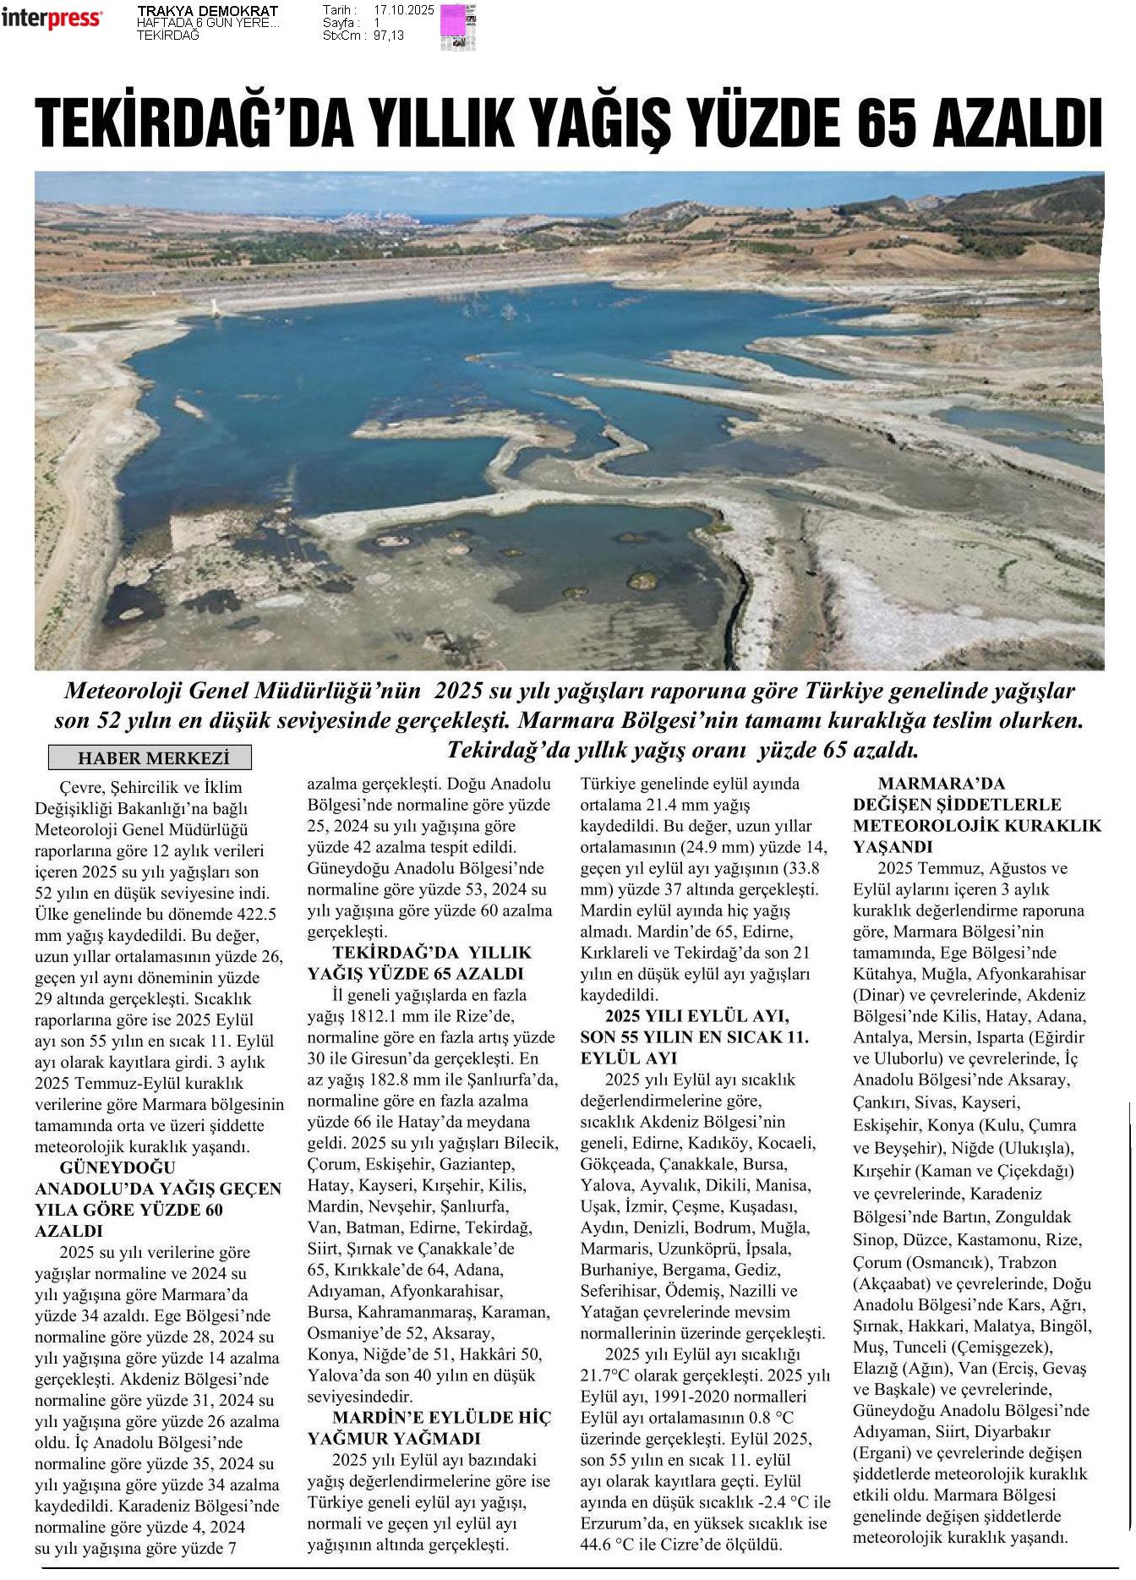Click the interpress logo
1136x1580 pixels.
[x=52, y=19]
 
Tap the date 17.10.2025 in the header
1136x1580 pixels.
[x=403, y=10]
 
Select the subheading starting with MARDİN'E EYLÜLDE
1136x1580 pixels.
[x=429, y=1428]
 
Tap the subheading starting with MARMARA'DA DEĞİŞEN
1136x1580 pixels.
[x=976, y=815]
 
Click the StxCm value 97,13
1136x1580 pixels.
[x=387, y=36]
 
